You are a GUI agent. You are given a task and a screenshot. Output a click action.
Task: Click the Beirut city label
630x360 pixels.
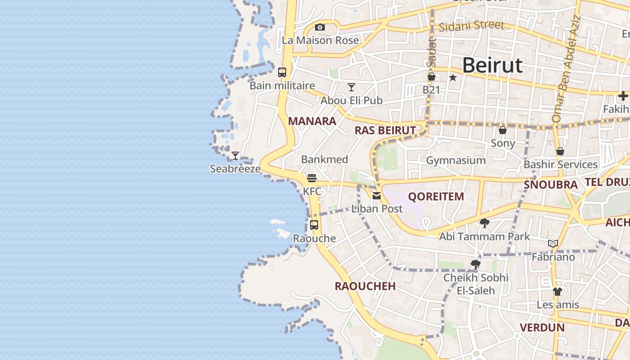click(492, 65)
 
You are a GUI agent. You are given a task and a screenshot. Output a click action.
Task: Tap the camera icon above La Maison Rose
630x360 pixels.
click(320, 27)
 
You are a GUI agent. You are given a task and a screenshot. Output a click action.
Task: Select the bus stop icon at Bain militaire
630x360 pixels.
click(282, 72)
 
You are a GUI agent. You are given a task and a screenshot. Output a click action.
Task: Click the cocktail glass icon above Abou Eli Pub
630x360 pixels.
click(351, 87)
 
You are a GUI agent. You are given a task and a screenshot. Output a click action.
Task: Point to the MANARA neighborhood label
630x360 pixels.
click(312, 121)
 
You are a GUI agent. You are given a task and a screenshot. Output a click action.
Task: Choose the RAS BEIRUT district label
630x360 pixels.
click(385, 130)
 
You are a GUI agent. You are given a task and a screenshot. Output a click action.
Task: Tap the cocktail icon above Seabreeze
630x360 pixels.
click(235, 156)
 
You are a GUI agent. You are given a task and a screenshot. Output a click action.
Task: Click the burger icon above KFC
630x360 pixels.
click(312, 178)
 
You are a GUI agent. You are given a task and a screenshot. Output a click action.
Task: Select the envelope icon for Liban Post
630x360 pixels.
click(377, 195)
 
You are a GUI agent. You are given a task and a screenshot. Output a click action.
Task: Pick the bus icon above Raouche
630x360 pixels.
click(314, 225)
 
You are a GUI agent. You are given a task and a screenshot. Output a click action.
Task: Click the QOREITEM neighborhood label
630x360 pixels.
click(436, 196)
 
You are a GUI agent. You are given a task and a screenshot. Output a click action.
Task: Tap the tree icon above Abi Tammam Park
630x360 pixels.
click(485, 223)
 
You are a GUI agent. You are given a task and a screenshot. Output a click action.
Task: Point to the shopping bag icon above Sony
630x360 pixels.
click(503, 130)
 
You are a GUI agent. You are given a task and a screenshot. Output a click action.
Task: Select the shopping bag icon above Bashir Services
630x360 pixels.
click(560, 151)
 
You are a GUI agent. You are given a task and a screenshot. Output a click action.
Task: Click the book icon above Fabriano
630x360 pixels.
click(553, 243)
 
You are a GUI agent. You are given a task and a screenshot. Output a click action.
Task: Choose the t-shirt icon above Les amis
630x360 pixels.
click(558, 292)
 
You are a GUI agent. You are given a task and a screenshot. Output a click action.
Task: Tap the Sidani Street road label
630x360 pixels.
click(471, 26)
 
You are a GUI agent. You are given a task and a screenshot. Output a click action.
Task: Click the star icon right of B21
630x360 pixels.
click(453, 78)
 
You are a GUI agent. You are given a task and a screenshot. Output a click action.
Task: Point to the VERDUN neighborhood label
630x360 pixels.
click(542, 327)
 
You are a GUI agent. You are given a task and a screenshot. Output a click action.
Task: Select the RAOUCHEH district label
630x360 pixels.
click(365, 286)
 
